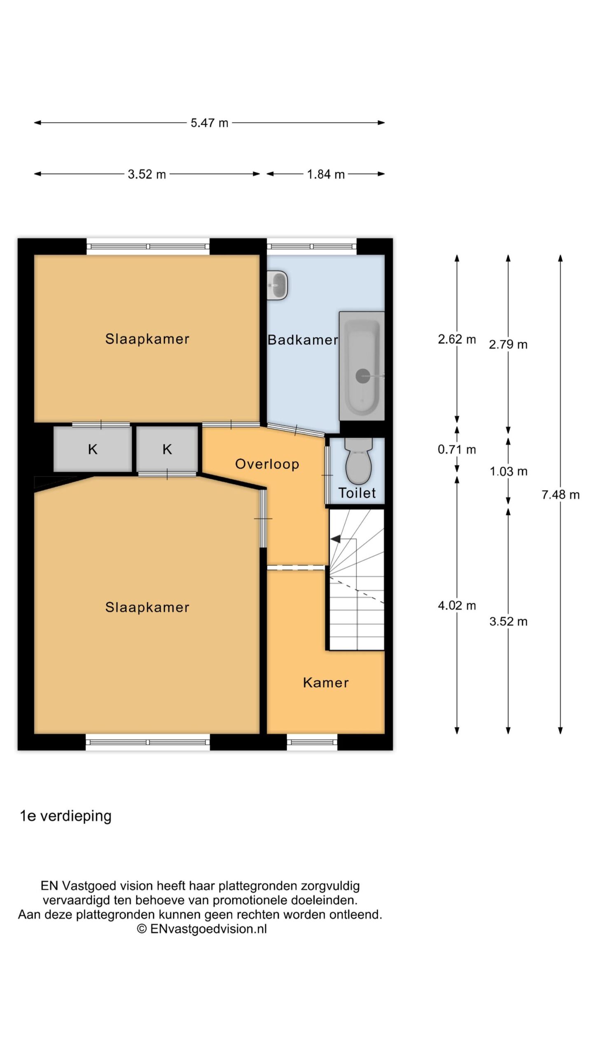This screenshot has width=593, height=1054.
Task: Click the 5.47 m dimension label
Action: point(209,123)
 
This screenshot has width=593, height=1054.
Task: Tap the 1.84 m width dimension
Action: point(326,174)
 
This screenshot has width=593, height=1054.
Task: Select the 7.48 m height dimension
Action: point(560,494)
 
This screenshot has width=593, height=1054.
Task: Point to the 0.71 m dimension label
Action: point(457,449)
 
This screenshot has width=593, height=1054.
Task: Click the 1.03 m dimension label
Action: point(509,471)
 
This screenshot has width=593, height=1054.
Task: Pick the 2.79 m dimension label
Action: point(508,345)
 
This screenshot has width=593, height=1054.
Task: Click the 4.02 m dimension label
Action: point(457,606)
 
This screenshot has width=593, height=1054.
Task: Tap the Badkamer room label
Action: point(303,340)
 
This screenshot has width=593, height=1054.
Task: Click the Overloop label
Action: point(267,464)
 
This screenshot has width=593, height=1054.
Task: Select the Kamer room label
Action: point(326,683)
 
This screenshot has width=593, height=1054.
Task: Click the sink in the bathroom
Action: point(277,285)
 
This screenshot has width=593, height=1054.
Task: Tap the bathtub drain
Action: point(363,376)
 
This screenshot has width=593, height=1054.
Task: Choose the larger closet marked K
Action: point(93,449)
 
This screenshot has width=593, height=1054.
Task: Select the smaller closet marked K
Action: point(167,449)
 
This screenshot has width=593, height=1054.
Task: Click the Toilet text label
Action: point(357,493)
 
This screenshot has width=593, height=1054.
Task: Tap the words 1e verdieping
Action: point(66,816)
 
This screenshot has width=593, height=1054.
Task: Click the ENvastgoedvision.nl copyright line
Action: point(202,929)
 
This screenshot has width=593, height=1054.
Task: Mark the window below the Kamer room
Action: point(312,742)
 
